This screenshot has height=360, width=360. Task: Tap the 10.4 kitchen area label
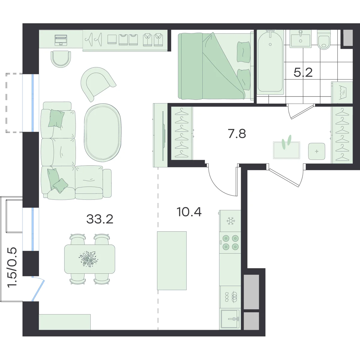189,212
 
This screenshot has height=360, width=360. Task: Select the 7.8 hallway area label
237,133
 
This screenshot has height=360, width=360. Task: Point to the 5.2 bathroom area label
303,73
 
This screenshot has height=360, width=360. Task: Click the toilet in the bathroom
324,40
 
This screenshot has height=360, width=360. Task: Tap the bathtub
270,62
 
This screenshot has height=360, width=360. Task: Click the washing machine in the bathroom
342,92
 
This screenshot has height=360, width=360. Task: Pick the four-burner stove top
230,242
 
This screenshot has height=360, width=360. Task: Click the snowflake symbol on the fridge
231,221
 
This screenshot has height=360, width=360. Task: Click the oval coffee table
103,133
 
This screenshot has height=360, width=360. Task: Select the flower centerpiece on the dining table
88,259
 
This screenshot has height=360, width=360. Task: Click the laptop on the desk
61,40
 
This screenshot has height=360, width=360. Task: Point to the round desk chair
61,59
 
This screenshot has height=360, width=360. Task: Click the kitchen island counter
172,261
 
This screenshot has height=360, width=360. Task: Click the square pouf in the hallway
317,151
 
